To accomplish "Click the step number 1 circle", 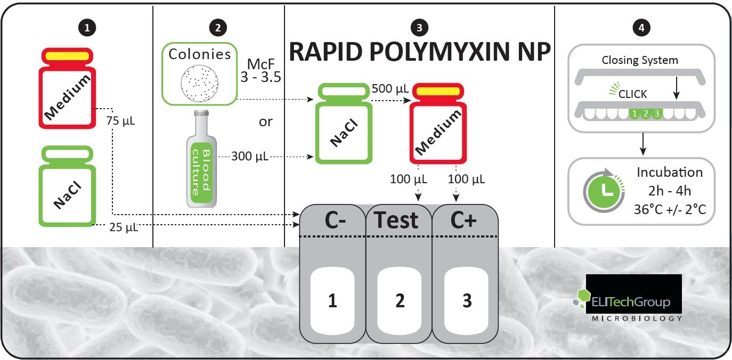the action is pyautogui.click(x=87, y=28).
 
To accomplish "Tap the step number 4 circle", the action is pyautogui.click(x=641, y=28).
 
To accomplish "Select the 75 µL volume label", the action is pyautogui.click(x=120, y=121).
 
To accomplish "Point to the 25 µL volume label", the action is pyautogui.click(x=124, y=227).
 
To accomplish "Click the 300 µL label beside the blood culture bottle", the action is pyautogui.click(x=250, y=156).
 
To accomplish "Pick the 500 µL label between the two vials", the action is pyautogui.click(x=390, y=88).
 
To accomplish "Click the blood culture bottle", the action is pyautogui.click(x=201, y=159).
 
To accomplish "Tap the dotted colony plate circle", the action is pyautogui.click(x=199, y=83).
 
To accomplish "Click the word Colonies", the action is pyautogui.click(x=200, y=54).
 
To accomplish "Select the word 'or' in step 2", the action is pyautogui.click(x=265, y=122).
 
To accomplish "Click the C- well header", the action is pyautogui.click(x=335, y=220).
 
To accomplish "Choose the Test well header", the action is pyautogui.click(x=396, y=220).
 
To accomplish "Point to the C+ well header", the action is pyautogui.click(x=463, y=220).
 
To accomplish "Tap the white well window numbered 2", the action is pyautogui.click(x=400, y=300).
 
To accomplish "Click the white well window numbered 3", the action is pyautogui.click(x=466, y=300).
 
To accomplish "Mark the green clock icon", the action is pyautogui.click(x=604, y=191).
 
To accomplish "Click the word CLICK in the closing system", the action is pyautogui.click(x=632, y=94).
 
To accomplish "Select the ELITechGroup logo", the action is pyautogui.click(x=628, y=298).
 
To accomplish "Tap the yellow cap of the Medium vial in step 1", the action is pyautogui.click(x=67, y=56).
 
